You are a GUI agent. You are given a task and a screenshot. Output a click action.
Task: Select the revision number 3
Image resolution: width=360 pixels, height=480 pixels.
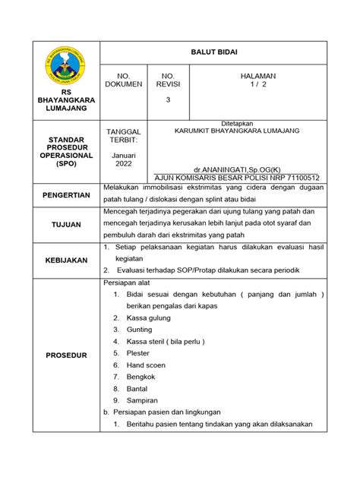tap(169, 100)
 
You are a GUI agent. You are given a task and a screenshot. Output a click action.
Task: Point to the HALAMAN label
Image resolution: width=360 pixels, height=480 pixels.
tap(257, 77)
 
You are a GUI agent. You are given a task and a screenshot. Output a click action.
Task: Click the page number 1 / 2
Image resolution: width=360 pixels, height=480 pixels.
tap(257, 86)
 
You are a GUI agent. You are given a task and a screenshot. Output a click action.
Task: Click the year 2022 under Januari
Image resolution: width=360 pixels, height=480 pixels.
tap(123, 163)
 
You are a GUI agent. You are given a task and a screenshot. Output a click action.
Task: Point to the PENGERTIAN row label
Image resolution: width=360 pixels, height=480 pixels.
tap(66, 195)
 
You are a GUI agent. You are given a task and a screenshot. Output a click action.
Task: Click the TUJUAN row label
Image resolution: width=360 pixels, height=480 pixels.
tap(66, 226)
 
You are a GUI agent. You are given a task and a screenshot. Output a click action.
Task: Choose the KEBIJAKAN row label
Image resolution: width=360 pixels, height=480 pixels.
tap(66, 261)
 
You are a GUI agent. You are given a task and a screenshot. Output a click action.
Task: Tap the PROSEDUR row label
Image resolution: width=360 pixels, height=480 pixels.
tap(66, 355)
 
